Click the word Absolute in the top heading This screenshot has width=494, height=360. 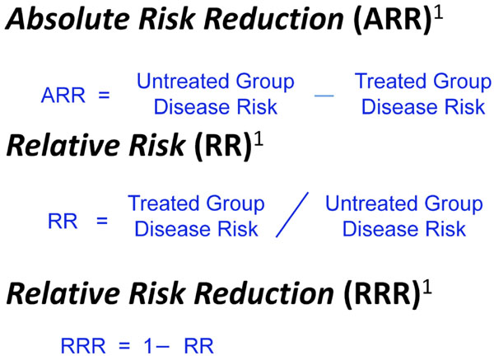[x=68, y=18]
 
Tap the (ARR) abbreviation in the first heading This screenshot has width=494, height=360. [x=392, y=20]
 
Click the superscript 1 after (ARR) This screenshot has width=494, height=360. [x=439, y=13]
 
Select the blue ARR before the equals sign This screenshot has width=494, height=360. [x=63, y=96]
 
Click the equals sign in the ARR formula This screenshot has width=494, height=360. [x=104, y=96]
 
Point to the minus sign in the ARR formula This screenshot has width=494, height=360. [x=324, y=96]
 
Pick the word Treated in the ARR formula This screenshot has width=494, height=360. [x=391, y=81]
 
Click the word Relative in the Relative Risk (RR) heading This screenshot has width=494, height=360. [x=64, y=145]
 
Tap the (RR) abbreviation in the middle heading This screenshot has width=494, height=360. [x=223, y=147]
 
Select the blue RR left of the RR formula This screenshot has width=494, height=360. [x=63, y=222]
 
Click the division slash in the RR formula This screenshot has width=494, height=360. [x=292, y=215]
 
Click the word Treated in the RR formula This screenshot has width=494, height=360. [x=165, y=203]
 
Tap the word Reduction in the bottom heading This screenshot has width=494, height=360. [x=264, y=293]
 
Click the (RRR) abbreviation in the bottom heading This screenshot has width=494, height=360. [x=381, y=294]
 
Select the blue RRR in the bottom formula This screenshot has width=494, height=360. [x=83, y=346]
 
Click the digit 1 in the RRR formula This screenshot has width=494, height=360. [x=148, y=346]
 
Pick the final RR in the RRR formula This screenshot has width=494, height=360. [x=198, y=346]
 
